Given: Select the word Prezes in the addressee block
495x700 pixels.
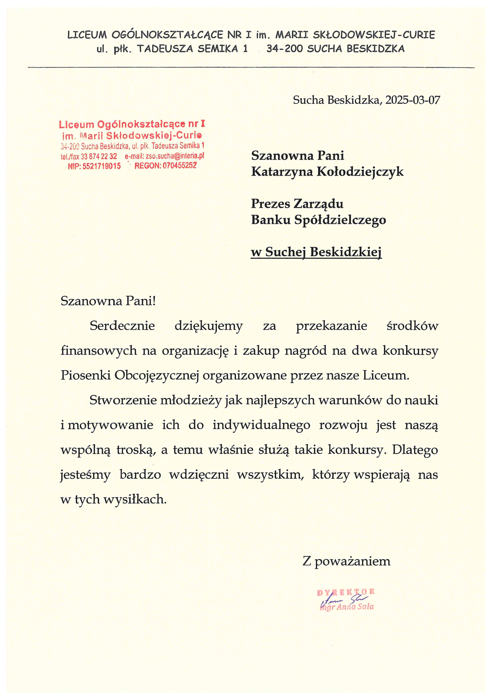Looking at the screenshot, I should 270,204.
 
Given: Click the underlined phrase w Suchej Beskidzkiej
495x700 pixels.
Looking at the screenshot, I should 316,252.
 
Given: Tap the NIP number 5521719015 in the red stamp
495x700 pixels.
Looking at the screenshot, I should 102,166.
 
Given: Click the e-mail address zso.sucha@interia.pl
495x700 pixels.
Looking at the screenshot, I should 175,156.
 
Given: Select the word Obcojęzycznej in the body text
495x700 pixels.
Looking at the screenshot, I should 157,375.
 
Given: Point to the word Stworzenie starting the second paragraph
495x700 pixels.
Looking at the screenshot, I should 123,400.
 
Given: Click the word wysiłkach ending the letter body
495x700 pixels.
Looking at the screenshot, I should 135,499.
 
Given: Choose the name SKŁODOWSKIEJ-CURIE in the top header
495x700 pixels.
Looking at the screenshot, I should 374,35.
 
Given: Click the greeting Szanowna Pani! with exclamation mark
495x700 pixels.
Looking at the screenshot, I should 108,301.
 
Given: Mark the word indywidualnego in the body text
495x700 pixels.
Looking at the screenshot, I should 261,425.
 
